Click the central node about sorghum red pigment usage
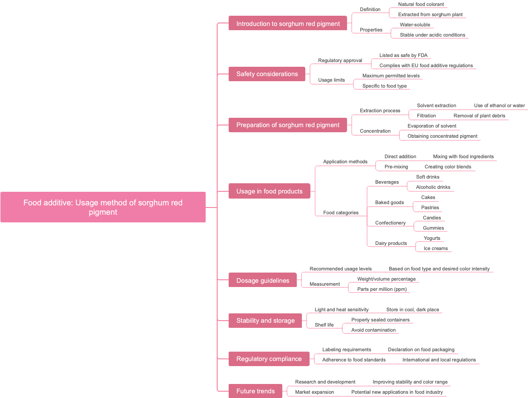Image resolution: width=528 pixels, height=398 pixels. click(103, 207)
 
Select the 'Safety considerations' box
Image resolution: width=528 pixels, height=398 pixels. click(267, 74)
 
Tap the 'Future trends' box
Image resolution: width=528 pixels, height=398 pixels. click(255, 391)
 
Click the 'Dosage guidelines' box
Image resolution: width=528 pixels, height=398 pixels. click(263, 280)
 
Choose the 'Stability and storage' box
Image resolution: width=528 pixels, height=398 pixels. click(265, 321)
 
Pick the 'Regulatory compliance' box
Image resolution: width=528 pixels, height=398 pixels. click(269, 359)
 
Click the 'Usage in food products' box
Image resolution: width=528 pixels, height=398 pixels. click(269, 191)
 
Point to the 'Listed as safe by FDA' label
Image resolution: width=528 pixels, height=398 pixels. click(403, 55)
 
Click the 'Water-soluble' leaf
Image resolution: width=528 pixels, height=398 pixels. click(415, 25)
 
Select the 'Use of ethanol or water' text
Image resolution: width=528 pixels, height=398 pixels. click(499, 105)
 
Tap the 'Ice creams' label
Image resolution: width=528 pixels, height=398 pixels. click(436, 248)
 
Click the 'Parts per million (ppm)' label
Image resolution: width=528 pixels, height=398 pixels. click(382, 289)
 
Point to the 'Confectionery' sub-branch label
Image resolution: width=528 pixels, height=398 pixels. click(390, 223)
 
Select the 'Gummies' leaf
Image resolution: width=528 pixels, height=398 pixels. click(433, 228)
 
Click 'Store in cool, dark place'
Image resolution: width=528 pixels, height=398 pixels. click(412, 310)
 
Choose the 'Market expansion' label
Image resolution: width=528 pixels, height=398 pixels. click(314, 392)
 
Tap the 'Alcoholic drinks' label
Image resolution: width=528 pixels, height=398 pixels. click(433, 187)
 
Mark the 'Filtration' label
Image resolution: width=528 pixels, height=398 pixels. click(426, 116)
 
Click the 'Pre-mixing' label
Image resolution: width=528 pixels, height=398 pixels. click(396, 167)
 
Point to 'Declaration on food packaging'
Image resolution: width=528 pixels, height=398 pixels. click(421, 350)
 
